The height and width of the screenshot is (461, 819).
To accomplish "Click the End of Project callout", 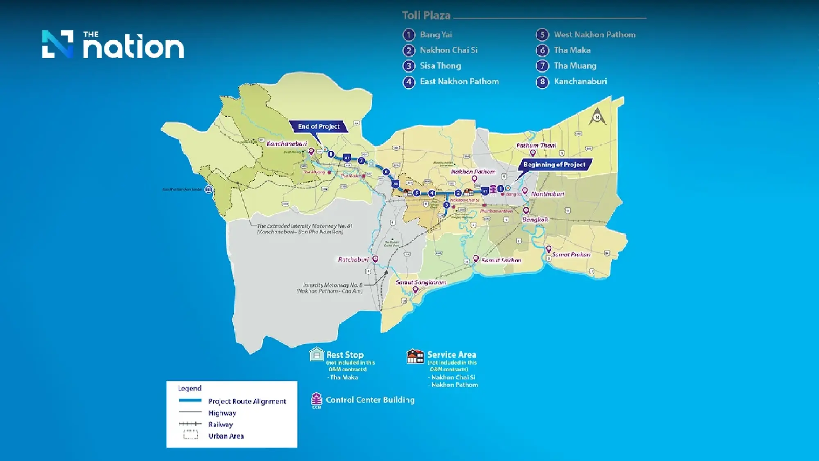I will click(319, 126).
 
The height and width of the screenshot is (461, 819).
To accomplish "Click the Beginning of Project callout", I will click(554, 165).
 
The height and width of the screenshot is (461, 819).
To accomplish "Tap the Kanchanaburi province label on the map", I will click(286, 144).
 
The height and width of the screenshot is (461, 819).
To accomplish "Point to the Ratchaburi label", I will click(353, 259).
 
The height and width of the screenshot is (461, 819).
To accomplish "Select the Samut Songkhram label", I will click(421, 282).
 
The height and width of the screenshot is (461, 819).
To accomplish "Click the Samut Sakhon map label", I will click(501, 260).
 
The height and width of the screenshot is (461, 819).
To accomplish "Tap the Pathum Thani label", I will click(536, 145).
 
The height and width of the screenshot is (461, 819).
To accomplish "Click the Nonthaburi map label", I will click(548, 194).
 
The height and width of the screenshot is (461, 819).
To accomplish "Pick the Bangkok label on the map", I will click(535, 220).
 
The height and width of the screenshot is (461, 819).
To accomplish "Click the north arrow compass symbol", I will click(597, 116).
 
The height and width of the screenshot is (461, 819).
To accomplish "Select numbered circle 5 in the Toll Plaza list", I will click(542, 35).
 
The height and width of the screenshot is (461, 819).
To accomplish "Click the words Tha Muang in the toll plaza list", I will click(575, 66).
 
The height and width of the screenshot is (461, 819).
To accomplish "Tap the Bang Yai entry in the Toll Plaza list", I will click(436, 35).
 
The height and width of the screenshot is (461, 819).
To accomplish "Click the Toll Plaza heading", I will click(426, 16).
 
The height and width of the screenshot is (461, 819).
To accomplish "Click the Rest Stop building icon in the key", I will click(317, 354).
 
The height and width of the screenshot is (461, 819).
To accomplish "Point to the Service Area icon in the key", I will click(415, 356).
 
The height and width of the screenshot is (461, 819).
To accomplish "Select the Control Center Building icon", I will click(317, 400).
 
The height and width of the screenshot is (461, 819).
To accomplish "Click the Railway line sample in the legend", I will click(190, 424).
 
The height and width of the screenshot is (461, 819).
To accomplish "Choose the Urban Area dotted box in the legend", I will click(190, 435).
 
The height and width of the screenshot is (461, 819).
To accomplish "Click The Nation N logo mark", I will click(58, 44).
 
